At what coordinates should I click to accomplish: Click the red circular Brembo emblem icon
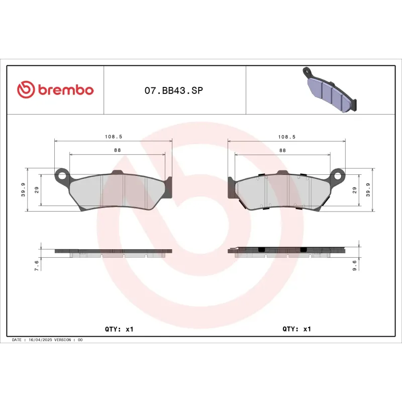(x=25, y=90)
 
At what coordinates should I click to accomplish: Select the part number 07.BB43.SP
(x=174, y=91)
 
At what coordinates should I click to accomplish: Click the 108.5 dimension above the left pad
(x=113, y=137)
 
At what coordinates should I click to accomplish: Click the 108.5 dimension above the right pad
(x=286, y=137)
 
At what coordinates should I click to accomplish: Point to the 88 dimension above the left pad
(x=117, y=150)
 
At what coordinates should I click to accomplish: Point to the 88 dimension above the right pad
(x=282, y=150)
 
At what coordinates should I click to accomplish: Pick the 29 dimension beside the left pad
(x=37, y=189)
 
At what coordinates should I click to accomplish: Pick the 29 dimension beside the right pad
(x=355, y=190)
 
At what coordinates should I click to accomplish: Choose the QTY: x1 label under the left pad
(x=119, y=329)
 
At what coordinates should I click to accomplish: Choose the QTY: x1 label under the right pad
(x=297, y=329)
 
